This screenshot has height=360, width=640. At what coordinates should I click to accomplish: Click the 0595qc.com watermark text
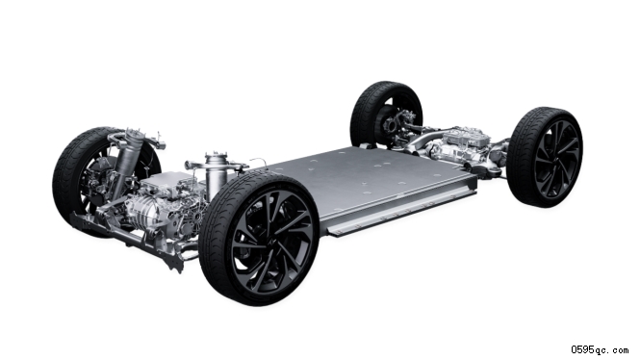point(600,349)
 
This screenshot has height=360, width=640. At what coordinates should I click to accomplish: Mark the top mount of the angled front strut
point(132,134)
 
